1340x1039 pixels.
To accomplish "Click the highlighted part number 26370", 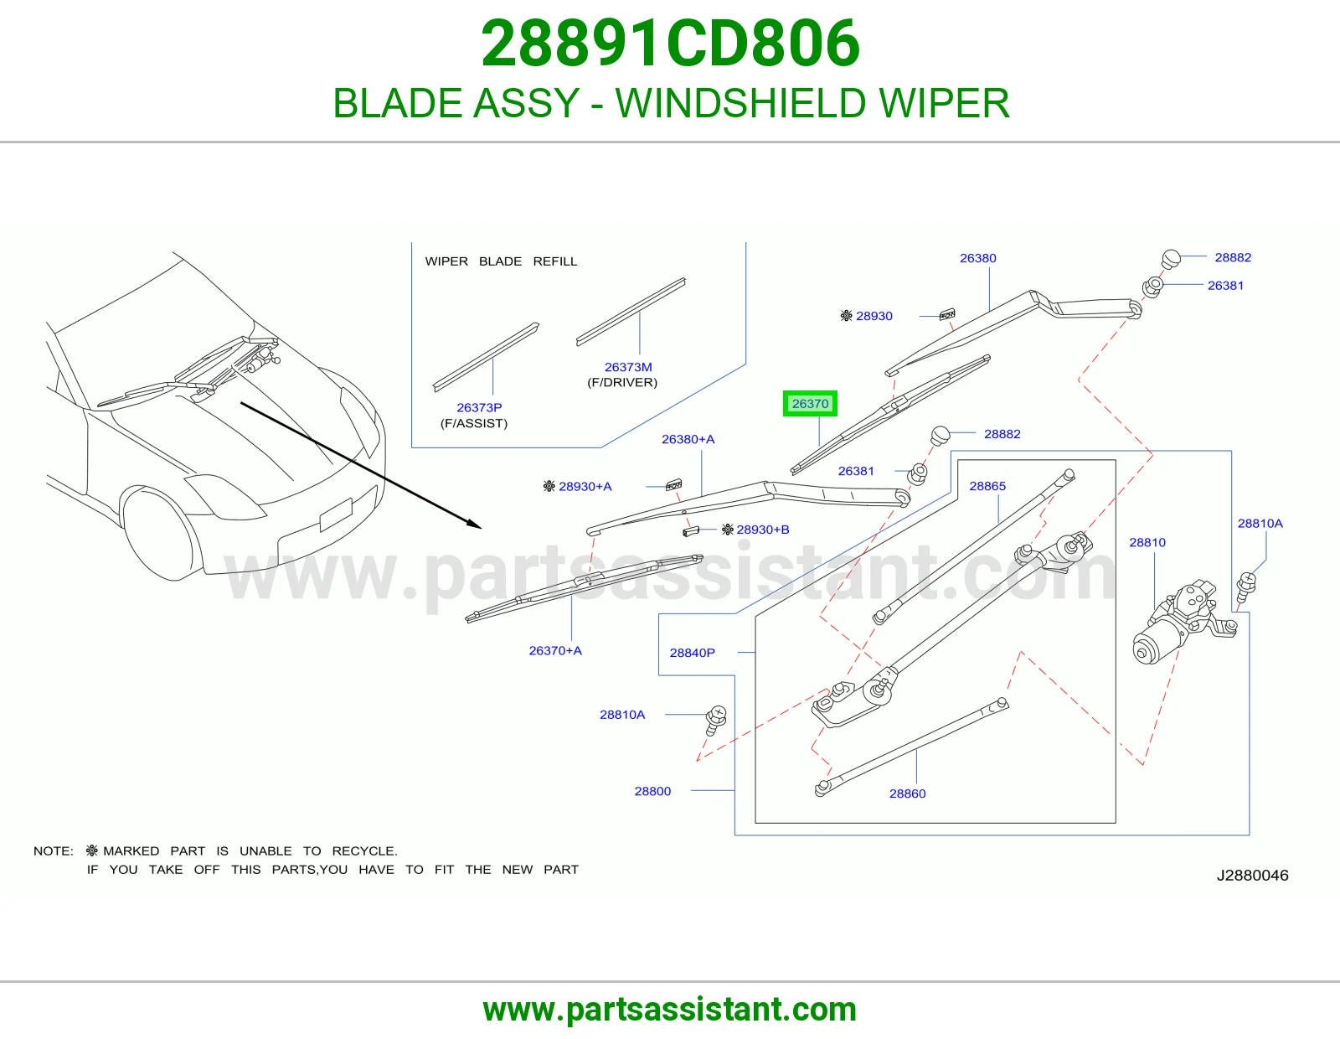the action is click(810, 404).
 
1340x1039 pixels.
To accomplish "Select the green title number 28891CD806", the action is click(670, 44).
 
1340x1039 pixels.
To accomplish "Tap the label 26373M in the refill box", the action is click(628, 367).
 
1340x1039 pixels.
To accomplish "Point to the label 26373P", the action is click(479, 408).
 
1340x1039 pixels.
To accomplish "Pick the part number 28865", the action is click(987, 486).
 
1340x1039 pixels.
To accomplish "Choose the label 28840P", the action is click(692, 653).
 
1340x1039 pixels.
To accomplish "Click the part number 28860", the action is click(907, 793).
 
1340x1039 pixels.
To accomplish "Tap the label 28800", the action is click(652, 791).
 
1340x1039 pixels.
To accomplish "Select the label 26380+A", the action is click(688, 439).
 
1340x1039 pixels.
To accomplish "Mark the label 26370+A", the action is click(555, 650).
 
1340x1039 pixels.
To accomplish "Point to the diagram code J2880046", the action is click(1252, 875).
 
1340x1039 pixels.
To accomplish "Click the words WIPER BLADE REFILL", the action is click(501, 261).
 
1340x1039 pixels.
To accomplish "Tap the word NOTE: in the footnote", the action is click(53, 850).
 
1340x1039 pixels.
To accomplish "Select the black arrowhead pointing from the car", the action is click(473, 523).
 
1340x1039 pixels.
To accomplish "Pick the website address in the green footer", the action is click(670, 1010).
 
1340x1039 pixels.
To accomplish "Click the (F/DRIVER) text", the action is click(622, 383).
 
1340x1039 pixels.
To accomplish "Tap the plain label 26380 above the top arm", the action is click(977, 258).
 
